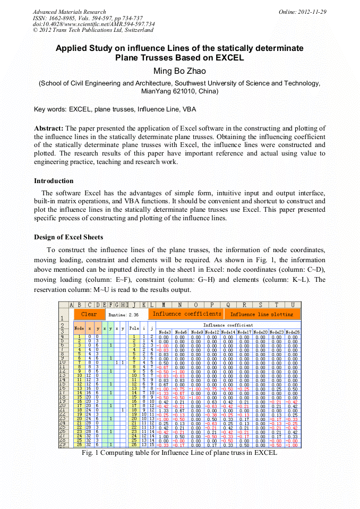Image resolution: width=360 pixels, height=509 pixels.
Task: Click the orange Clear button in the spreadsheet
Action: click(x=89, y=314)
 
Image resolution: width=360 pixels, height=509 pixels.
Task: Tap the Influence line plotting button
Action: click(x=262, y=314)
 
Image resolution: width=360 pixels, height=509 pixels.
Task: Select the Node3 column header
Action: click(x=165, y=332)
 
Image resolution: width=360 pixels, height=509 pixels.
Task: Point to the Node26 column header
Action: click(x=293, y=332)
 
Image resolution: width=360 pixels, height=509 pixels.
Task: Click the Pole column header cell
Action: click(x=134, y=329)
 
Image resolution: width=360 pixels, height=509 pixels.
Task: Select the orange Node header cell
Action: click(x=79, y=329)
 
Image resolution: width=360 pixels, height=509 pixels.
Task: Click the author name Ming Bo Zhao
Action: click(x=179, y=71)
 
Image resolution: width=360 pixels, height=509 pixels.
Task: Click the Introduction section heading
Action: click(x=54, y=181)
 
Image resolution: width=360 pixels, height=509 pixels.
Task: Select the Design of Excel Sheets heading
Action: click(x=68, y=237)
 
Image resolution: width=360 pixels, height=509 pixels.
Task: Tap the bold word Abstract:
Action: click(x=49, y=128)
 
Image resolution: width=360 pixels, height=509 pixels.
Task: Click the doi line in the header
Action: click(x=94, y=24)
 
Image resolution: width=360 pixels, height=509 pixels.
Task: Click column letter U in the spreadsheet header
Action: click(x=293, y=305)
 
